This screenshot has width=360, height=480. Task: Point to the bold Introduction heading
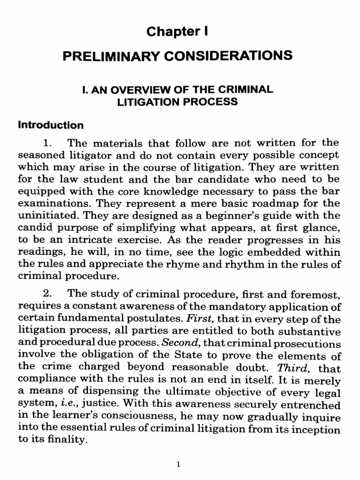click(51, 125)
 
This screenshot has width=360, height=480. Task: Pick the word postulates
click(155, 319)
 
